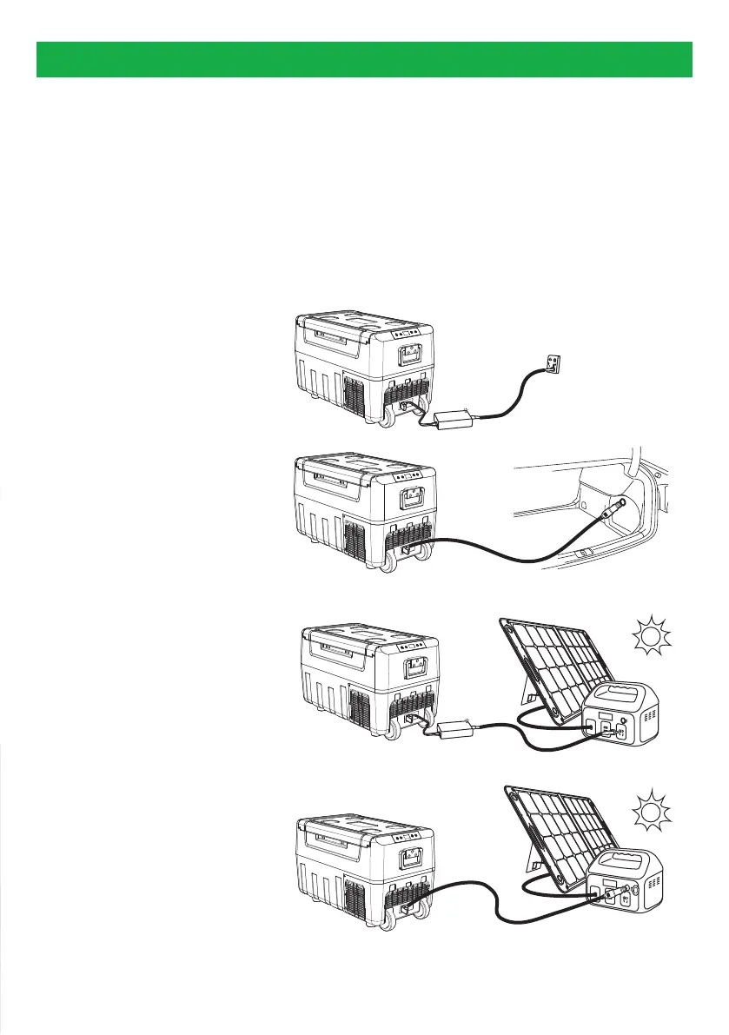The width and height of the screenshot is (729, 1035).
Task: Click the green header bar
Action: point(364,58)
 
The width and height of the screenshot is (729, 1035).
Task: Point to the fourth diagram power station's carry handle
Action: point(638,859)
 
